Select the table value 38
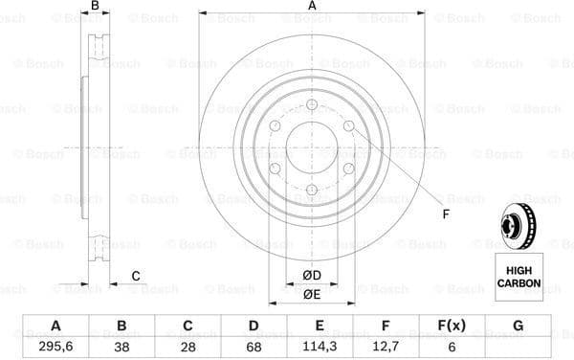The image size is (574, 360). tap(121, 346)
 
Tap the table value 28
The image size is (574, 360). tap(188, 346)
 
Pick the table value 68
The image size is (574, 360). tap(254, 346)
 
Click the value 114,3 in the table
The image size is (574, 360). tap(320, 346)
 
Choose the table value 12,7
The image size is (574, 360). tap(386, 346)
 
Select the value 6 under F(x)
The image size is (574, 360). tap(452, 346)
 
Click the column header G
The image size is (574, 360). tap(518, 326)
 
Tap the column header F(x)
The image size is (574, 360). tap(452, 326)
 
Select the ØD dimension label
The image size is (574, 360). tap(312, 277)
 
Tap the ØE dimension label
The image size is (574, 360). tap(312, 294)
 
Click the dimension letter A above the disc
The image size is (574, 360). tap(312, 7)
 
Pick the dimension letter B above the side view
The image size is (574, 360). tap(94, 7)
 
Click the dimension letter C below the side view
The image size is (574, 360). tap(136, 277)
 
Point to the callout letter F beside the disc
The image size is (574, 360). tap(446, 213)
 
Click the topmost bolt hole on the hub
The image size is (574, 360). tap(312, 104)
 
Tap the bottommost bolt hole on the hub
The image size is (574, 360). tap(312, 191)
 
